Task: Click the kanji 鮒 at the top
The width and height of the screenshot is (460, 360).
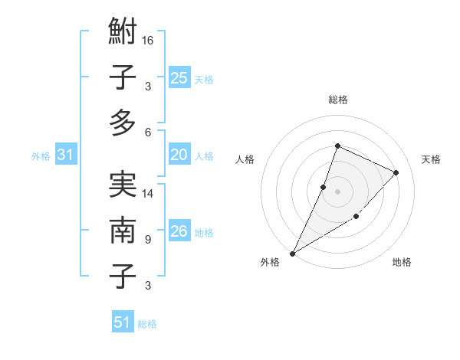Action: (123, 34)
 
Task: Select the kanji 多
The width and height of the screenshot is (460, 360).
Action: (123, 123)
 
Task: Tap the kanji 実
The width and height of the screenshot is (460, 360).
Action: (123, 186)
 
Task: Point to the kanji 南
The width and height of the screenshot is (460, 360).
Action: (123, 231)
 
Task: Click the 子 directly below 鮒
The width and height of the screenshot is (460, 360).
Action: (123, 78)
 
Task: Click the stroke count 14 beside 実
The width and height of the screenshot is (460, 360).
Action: (148, 194)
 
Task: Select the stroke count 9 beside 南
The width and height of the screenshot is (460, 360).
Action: (148, 239)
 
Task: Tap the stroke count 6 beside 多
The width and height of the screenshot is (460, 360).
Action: (148, 132)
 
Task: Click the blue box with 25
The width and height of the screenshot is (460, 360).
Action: (179, 77)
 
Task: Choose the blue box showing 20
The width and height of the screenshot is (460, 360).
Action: (179, 155)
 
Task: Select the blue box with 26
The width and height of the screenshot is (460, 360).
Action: (179, 231)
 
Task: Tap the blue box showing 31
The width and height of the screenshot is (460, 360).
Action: (66, 155)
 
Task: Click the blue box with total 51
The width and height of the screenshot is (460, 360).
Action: (123, 322)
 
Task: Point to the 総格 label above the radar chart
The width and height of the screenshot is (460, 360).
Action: (337, 100)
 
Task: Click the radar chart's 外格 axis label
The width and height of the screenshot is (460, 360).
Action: (270, 262)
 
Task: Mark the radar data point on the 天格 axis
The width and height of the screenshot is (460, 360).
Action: (396, 172)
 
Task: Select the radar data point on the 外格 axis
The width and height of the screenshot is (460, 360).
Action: (292, 253)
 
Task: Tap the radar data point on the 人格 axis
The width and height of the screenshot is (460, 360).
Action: (324, 187)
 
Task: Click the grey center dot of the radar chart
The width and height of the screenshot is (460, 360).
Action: (337, 191)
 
